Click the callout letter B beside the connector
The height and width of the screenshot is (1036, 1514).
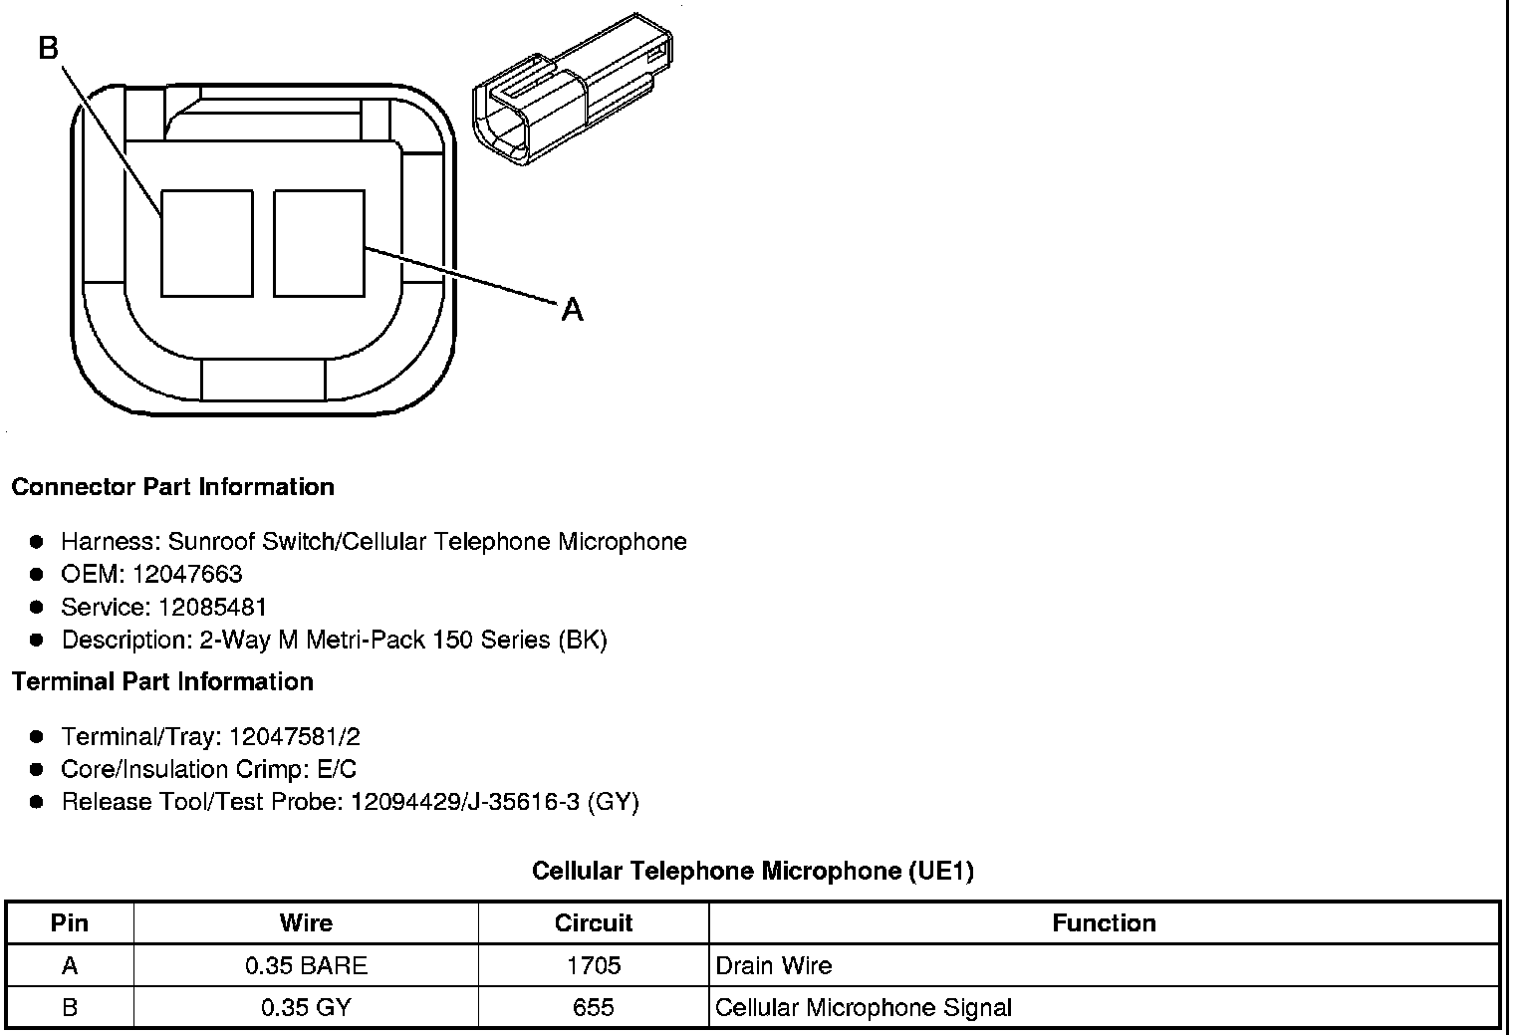pos(48,48)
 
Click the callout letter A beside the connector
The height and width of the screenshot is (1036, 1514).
pos(572,310)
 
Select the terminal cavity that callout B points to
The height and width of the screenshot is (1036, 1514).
pos(207,243)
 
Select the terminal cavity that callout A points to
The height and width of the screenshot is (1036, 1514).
pos(319,243)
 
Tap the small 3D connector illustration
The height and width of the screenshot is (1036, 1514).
pos(573,90)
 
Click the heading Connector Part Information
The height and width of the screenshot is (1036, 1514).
pos(173,487)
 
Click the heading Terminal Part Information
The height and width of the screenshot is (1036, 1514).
pos(162,682)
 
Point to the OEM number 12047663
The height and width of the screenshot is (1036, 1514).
pos(186,575)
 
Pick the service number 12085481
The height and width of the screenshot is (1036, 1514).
pos(211,607)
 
